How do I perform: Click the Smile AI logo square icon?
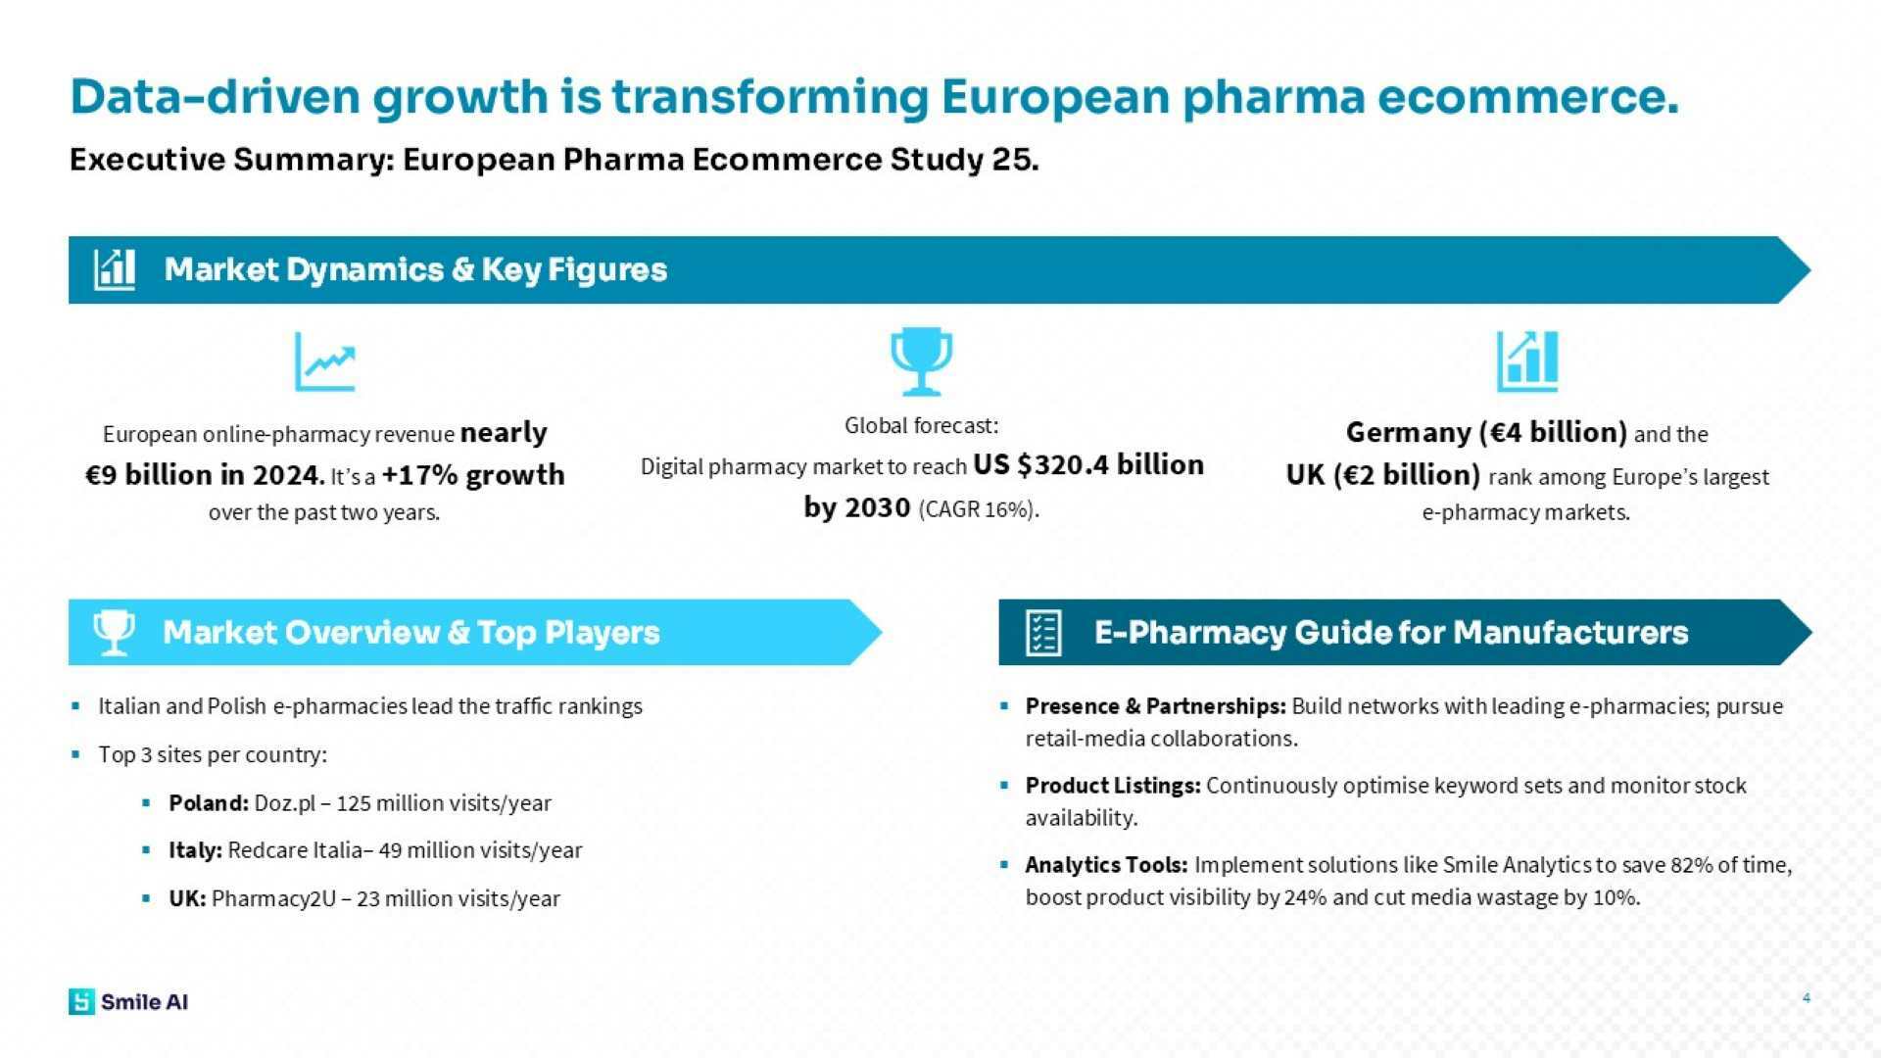click(81, 1001)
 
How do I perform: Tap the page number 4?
click(1806, 998)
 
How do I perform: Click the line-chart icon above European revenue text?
click(325, 361)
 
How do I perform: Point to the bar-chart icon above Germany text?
click(1526, 361)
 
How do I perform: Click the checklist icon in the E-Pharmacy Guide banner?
click(1042, 633)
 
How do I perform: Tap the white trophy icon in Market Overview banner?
click(114, 633)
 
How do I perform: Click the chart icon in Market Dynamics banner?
click(115, 269)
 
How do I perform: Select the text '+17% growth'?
click(473, 475)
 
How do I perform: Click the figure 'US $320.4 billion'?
click(1087, 465)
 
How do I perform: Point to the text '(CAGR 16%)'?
click(979, 509)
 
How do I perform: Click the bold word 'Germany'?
click(1408, 433)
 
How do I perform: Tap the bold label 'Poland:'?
click(209, 803)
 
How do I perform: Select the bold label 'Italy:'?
click(195, 850)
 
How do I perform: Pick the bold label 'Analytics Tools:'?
click(1106, 865)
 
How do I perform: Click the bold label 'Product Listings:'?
click(1113, 786)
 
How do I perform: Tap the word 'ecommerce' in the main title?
click(1527, 97)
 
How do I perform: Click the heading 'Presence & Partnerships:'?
click(1155, 706)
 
